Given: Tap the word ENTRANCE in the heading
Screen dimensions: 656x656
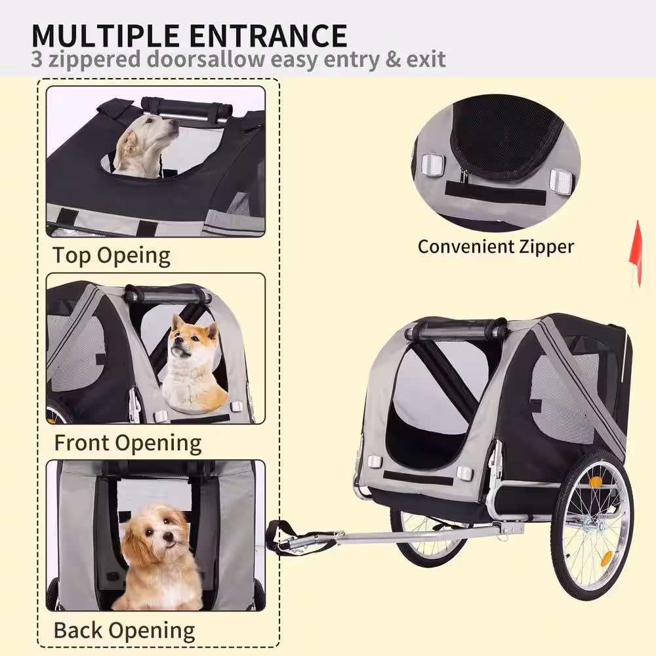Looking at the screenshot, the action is click(x=268, y=35).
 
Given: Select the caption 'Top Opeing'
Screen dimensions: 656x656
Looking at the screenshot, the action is click(x=112, y=256).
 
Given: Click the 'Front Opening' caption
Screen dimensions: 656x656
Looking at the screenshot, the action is click(x=128, y=443).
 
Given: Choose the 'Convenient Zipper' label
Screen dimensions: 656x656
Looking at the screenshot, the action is click(x=496, y=247).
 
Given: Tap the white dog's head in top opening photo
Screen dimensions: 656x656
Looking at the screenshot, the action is click(x=153, y=132).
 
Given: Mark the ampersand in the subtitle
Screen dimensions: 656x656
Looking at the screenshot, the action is click(x=393, y=59).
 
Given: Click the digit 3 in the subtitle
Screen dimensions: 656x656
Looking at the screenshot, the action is click(x=37, y=59).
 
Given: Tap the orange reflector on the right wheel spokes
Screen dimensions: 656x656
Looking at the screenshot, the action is click(x=607, y=557).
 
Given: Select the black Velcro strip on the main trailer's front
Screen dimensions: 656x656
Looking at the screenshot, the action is click(x=417, y=478).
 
